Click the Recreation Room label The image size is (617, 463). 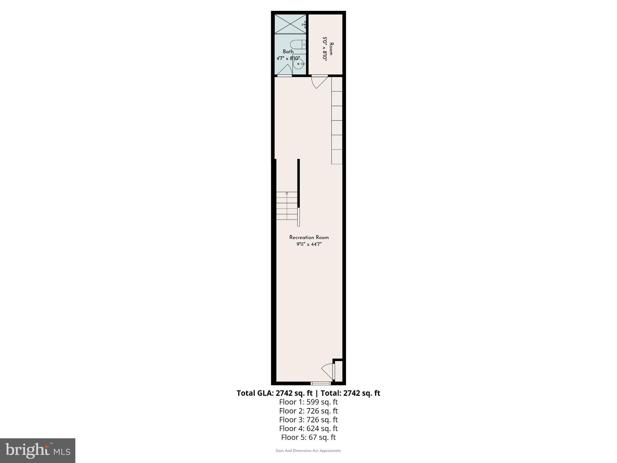pyautogui.click(x=309, y=238)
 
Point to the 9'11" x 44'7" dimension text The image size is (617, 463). pyautogui.click(x=309, y=244)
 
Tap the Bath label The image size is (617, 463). pyautogui.click(x=288, y=52)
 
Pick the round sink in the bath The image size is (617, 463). pyautogui.click(x=299, y=64)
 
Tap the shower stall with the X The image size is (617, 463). pyautogui.click(x=290, y=24)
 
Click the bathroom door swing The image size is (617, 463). pyautogui.click(x=285, y=70)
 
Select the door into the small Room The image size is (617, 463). pyautogui.click(x=319, y=81)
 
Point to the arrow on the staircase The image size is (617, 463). pyautogui.click(x=287, y=193)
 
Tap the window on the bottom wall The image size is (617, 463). pyautogui.click(x=321, y=383)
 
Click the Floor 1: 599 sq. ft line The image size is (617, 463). pyautogui.click(x=308, y=402)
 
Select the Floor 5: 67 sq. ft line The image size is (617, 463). pyautogui.click(x=308, y=437)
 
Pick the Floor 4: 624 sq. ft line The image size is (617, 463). pyautogui.click(x=308, y=428)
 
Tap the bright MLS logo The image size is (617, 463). pyautogui.click(x=38, y=451)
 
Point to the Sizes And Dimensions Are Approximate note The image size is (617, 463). pyautogui.click(x=308, y=451)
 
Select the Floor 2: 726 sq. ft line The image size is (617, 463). pyautogui.click(x=308, y=411)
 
